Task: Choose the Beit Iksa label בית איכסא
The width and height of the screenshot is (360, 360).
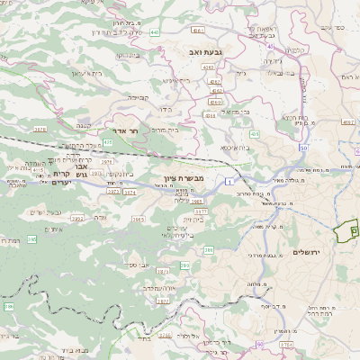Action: (x=237, y=148)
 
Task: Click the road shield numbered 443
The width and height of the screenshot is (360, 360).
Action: (x=155, y=32)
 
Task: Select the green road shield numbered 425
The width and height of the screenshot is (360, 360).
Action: (x=108, y=142)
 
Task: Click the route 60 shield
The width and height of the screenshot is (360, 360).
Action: (x=259, y=344)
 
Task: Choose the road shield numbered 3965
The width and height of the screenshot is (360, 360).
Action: (x=138, y=219)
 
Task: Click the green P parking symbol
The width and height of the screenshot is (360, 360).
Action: (x=353, y=230)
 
